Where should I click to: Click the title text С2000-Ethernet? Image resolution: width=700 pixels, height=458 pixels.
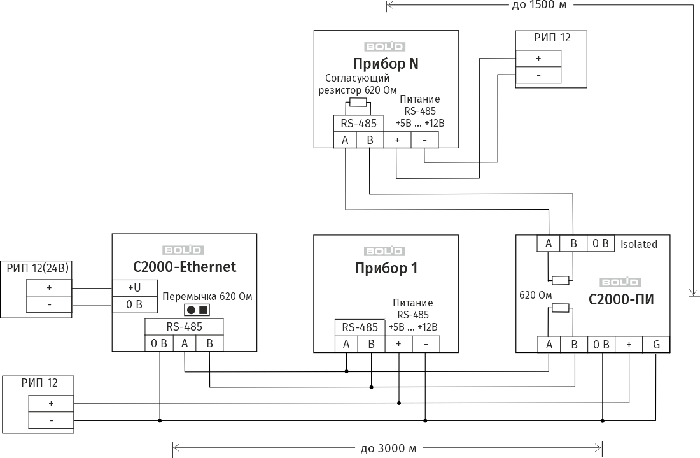coord(185,267)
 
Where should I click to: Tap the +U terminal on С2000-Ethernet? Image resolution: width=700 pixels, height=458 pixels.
coord(134,288)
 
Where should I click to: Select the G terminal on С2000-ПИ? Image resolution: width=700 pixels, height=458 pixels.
coord(655,344)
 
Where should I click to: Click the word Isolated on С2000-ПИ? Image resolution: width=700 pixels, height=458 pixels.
coord(638,244)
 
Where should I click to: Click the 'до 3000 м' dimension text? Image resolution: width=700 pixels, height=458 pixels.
coord(388,448)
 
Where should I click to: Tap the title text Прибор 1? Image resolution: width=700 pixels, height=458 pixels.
coord(386,268)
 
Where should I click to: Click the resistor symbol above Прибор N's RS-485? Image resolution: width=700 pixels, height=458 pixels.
coord(358,103)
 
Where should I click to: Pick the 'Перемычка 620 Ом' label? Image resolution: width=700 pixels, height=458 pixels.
coord(207,296)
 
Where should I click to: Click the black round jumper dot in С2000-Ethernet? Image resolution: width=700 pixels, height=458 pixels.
coord(191,310)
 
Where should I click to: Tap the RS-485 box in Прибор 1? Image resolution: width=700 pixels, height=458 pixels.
coord(360,327)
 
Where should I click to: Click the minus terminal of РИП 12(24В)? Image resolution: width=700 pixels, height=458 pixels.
coord(49,305)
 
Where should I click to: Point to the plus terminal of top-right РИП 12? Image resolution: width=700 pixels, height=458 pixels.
coord(538,58)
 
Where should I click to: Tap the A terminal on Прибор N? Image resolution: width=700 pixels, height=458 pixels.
coord(345,140)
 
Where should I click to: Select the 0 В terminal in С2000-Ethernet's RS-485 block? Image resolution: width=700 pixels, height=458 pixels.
coord(159,344)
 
